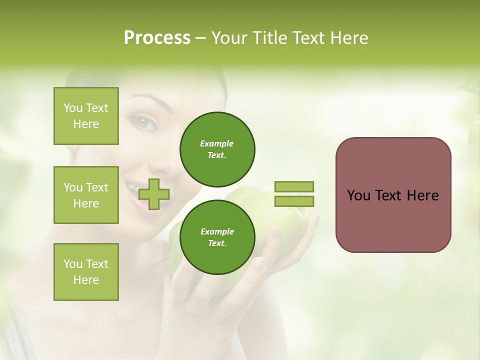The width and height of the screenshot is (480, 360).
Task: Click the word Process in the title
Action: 157,38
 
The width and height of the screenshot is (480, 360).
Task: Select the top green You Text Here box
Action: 86,116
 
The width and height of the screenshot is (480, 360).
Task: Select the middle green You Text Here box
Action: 86,195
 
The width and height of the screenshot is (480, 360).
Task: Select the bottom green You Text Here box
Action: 86,272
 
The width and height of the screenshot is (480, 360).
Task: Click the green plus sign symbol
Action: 154,194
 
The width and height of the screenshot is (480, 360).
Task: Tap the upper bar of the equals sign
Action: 294,186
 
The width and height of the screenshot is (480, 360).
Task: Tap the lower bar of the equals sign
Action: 294,201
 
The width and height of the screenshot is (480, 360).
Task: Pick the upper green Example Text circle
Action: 217,149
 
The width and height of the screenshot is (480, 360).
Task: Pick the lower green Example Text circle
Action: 217,237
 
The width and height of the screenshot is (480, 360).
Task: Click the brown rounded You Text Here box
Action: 393,220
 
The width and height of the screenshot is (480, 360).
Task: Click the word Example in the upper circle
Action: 217,143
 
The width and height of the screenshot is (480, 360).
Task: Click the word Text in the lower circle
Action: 217,243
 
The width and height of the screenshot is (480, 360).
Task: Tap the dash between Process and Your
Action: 201,38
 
